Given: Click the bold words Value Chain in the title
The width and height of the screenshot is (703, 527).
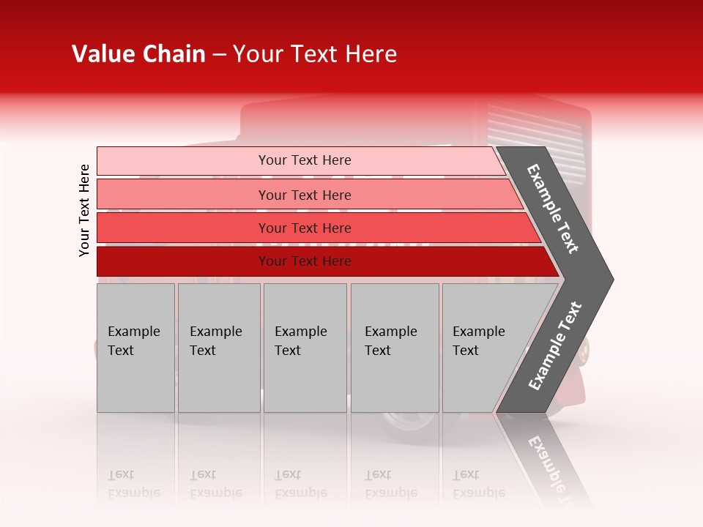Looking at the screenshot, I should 138,54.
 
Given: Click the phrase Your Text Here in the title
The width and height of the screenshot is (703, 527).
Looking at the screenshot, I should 315,54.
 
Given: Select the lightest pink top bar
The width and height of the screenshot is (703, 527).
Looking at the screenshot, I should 304,160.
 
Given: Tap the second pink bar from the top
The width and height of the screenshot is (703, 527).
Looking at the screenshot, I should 304,195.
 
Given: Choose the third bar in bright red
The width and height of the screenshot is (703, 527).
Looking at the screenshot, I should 304,228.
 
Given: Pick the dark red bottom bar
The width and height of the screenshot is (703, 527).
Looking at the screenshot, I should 304,261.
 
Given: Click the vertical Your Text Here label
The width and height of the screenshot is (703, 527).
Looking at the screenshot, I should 84,210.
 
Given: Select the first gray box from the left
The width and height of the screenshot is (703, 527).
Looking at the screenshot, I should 135,348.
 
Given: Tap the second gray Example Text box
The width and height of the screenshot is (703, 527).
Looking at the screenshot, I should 219,348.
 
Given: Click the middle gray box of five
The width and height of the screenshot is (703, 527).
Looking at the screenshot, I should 305,348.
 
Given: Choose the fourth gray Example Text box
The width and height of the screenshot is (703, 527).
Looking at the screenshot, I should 395,348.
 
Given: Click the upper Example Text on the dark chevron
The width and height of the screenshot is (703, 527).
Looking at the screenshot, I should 553,209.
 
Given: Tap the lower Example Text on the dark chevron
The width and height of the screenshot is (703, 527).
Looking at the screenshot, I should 554,346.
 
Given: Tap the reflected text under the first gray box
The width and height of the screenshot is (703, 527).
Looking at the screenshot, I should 133,484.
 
